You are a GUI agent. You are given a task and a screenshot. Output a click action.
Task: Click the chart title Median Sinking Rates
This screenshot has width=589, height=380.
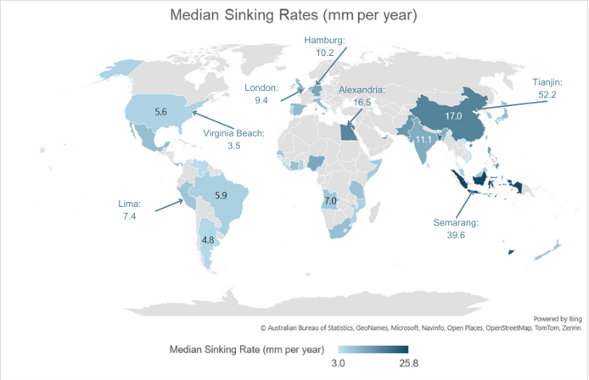point(294,15)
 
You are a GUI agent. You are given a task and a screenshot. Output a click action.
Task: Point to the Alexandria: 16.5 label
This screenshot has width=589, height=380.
point(362,95)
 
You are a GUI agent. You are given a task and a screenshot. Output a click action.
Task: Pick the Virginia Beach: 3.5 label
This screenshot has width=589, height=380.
point(234,140)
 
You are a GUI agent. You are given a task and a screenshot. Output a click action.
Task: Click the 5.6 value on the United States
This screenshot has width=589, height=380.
point(161,111)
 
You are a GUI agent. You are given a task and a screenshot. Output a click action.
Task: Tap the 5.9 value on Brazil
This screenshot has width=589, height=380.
point(221,195)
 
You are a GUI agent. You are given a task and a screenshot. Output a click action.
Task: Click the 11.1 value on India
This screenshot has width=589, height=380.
point(422,139)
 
